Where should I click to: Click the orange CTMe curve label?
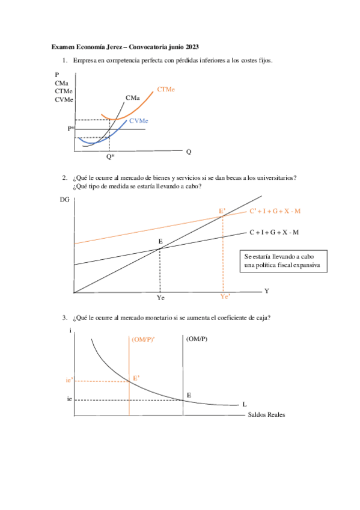tap(166, 89)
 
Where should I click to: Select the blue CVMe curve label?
tap(138, 121)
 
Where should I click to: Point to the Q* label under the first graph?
tap(110, 157)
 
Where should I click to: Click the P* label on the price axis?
tap(71, 129)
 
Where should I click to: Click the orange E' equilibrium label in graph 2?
tap(222, 211)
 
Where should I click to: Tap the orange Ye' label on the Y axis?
tap(225, 296)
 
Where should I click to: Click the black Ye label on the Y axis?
tap(160, 298)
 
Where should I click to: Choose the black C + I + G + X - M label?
tap(274, 232)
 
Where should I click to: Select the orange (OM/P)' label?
tap(142, 339)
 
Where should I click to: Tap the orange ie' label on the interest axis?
tap(70, 380)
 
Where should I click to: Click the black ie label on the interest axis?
tap(70, 399)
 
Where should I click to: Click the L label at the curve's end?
tap(244, 404)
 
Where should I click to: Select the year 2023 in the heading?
tap(191, 46)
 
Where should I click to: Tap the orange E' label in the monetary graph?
tap(136, 378)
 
